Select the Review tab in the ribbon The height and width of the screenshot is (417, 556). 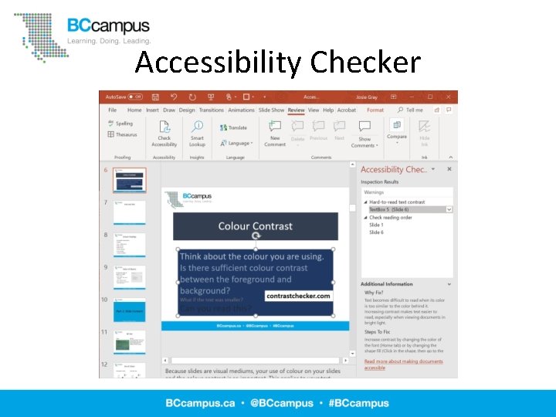point(297,110)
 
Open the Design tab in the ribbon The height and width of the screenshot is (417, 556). point(187,110)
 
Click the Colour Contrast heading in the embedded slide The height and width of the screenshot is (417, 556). point(256,226)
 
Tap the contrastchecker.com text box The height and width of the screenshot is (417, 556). point(298,296)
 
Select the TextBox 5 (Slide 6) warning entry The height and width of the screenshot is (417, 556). point(389,209)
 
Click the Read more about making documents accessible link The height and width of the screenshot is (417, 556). point(403,364)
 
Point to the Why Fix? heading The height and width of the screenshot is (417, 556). point(375,293)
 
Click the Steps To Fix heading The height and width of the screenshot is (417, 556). point(379,332)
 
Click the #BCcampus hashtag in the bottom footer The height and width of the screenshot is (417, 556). point(359,403)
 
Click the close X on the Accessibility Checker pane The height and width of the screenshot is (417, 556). point(449,169)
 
